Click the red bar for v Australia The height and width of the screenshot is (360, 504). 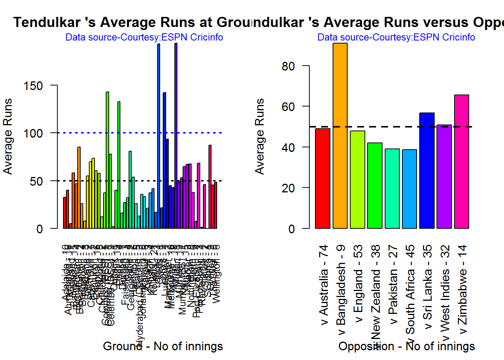click(x=322, y=178)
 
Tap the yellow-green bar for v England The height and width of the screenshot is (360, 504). click(x=357, y=180)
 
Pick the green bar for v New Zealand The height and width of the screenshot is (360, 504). click(x=375, y=186)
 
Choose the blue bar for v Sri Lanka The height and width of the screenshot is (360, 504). click(x=427, y=171)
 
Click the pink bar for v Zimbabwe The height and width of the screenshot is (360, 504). click(x=462, y=162)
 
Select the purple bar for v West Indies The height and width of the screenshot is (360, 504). click(x=444, y=177)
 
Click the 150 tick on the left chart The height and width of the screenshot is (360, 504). click(x=33, y=85)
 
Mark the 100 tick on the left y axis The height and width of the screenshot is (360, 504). click(x=33, y=133)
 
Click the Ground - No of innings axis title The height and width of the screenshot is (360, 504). click(x=163, y=346)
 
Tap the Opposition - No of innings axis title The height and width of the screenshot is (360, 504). click(x=406, y=346)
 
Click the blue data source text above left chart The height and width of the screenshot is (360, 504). click(x=144, y=37)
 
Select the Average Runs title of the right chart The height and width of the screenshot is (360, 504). click(x=259, y=136)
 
